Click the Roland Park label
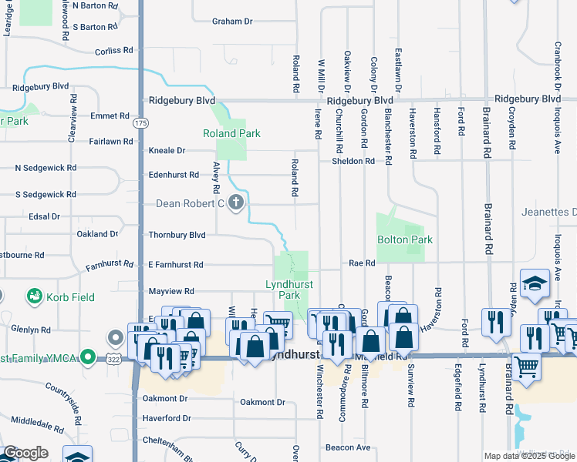coord(231,133)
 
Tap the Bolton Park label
coord(404,239)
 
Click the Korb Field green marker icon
coord(34,295)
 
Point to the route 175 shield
coord(140,123)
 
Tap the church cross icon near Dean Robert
coord(236,203)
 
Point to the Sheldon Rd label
coord(353,161)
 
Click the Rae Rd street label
coord(361,263)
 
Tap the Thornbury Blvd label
coord(177,235)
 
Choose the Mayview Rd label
coord(170,292)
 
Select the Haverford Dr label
coord(166,418)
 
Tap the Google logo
coord(25,453)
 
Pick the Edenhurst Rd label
coord(174,175)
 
